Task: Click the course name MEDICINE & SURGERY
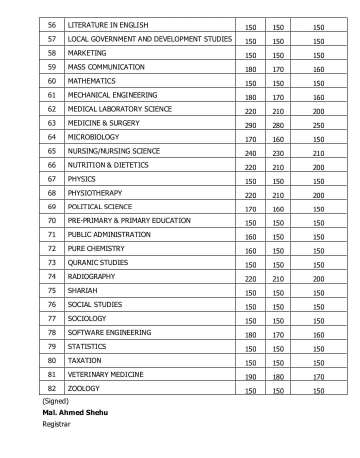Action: [103, 123]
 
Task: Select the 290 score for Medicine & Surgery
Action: [250, 125]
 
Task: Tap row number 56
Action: [52, 25]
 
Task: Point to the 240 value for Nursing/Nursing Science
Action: [250, 153]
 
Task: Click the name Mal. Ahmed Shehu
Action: [75, 412]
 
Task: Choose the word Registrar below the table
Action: [56, 424]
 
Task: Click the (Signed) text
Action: [55, 401]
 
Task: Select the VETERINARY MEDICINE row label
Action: [105, 374]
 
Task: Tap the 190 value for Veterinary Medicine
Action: [250, 377]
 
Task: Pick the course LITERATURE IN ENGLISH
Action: [108, 25]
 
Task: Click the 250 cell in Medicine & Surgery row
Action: [318, 125]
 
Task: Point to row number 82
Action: [52, 388]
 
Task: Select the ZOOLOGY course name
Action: [83, 388]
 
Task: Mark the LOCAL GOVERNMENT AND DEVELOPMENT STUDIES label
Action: [150, 39]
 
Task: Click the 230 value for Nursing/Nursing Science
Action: [278, 153]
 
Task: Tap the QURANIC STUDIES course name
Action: [98, 262]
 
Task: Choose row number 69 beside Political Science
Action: [52, 206]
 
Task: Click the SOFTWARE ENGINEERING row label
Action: [109, 332]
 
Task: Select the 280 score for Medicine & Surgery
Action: [278, 125]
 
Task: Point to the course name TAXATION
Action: [84, 360]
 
